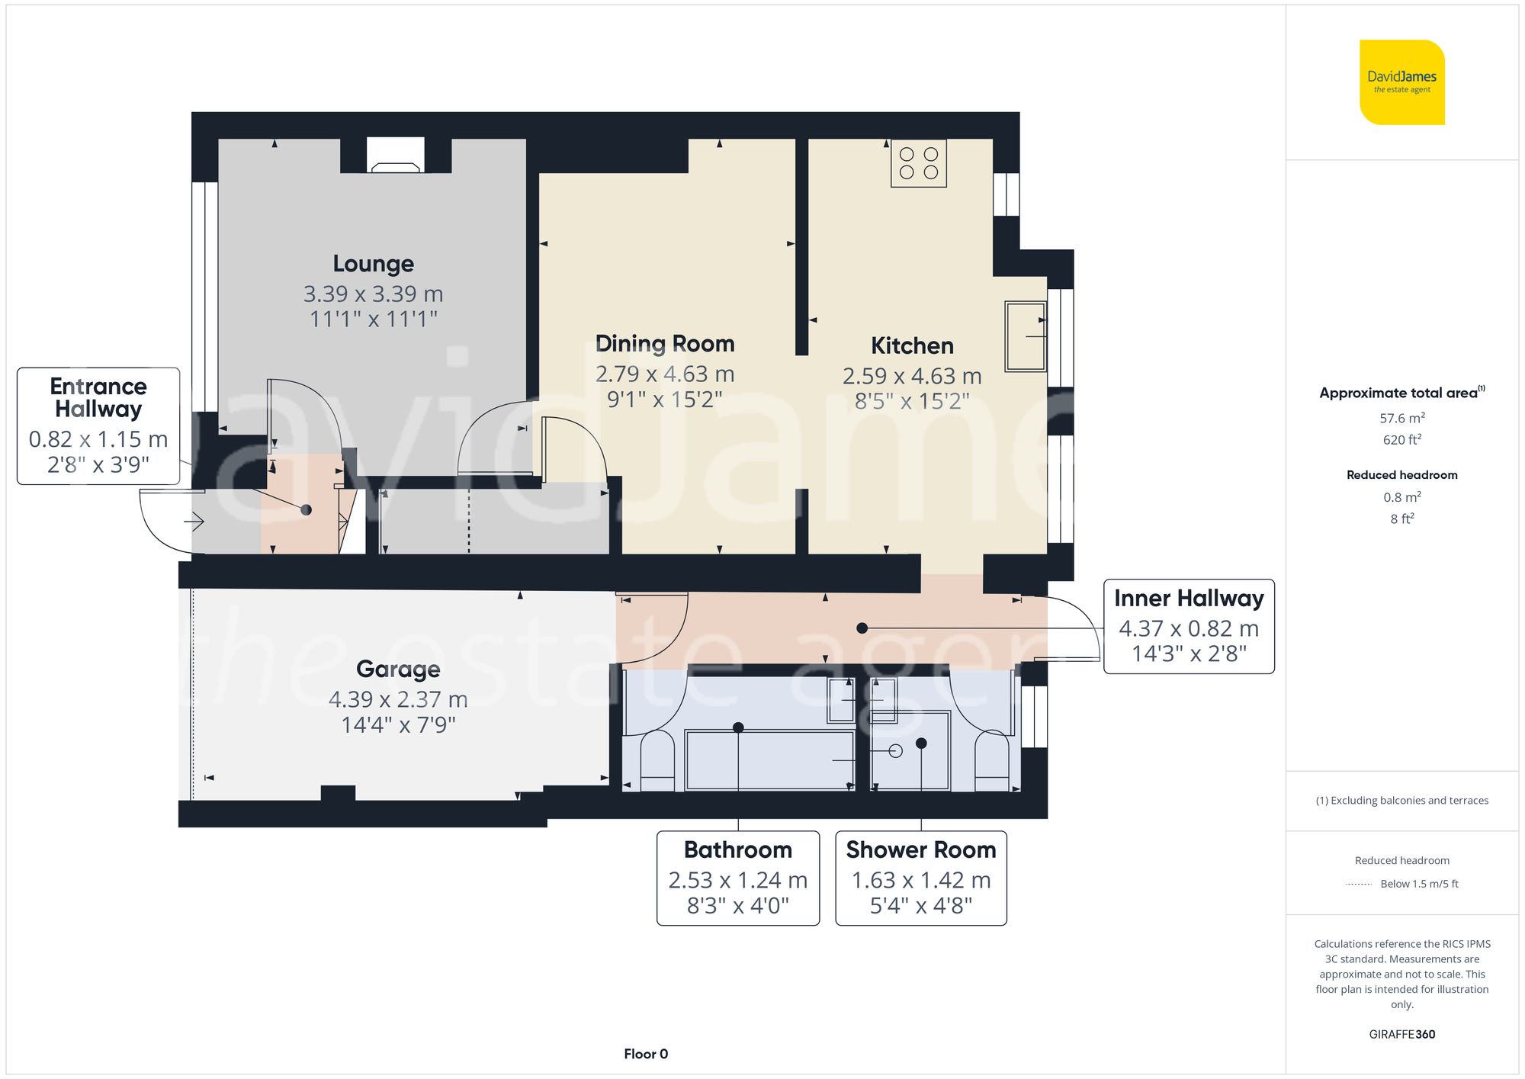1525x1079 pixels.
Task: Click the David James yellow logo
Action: coord(1401,82)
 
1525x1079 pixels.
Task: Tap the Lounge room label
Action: coord(373,264)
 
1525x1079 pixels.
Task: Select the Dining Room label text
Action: coord(664,344)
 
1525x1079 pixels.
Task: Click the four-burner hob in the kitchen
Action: coord(919,163)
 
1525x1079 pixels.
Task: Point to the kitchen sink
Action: coord(1025,336)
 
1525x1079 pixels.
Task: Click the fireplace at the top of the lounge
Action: coord(395,156)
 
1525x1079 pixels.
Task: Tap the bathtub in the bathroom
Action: coord(769,759)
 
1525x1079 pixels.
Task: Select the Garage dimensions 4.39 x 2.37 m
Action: coord(398,699)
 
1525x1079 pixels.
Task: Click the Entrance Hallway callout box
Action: coord(98,425)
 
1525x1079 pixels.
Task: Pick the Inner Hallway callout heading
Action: coord(1188,599)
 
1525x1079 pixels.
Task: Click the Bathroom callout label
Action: coord(737,850)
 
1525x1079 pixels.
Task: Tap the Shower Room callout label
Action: coord(920,850)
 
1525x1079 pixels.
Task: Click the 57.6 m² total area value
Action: coord(1401,418)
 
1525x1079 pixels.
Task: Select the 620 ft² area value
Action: coord(1401,440)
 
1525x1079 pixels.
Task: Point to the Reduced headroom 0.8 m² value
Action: coord(1401,497)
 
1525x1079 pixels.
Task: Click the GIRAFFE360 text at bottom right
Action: coord(1401,1035)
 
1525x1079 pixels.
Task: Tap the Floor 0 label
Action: coord(645,1054)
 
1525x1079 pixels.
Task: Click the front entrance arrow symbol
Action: coord(194,522)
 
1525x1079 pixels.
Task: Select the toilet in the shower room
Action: coord(992,761)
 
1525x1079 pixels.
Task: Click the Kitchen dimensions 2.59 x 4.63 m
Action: coord(911,376)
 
